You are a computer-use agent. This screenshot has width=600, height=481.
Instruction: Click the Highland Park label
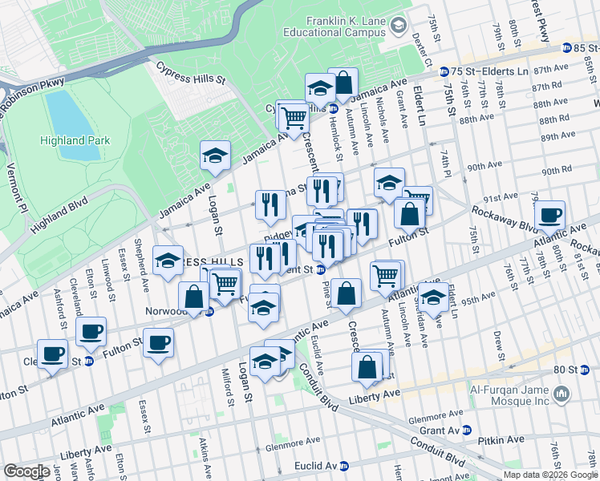(75, 140)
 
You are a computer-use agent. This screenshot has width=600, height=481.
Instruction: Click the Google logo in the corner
(26, 471)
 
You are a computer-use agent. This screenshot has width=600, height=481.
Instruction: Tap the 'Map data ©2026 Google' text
(550, 474)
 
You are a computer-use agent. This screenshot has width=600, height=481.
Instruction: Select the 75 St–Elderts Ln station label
(485, 71)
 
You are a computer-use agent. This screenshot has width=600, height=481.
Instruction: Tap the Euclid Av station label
(315, 465)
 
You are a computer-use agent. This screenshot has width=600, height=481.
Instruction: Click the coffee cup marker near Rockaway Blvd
(550, 216)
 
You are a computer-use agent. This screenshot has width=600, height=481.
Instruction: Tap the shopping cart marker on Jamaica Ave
(294, 118)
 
